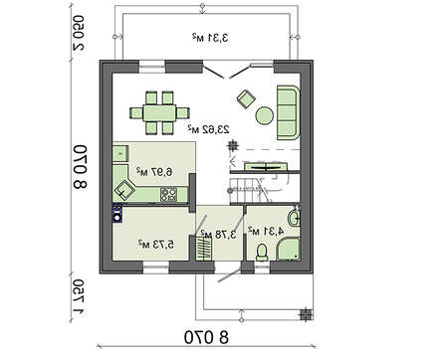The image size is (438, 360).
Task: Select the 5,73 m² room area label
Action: (x=156, y=241)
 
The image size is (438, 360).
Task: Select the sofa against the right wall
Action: (x=288, y=100)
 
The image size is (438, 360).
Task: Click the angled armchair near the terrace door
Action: (x=245, y=97)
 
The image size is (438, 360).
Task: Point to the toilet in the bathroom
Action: (x=262, y=253)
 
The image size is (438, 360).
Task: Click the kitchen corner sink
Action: (x=126, y=186)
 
